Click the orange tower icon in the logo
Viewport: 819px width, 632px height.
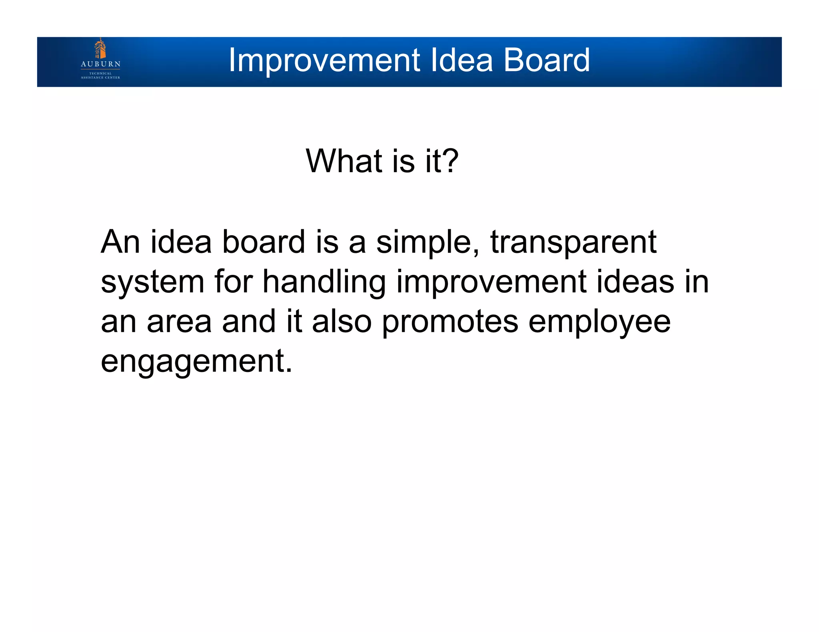coord(100,49)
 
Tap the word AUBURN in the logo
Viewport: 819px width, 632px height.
coord(100,64)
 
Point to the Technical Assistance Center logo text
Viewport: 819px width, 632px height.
coord(100,76)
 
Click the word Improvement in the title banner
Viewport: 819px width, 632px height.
coord(324,60)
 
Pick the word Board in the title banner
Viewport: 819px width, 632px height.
coord(546,60)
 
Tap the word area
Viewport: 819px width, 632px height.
coord(179,322)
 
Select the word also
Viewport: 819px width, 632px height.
coord(342,322)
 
